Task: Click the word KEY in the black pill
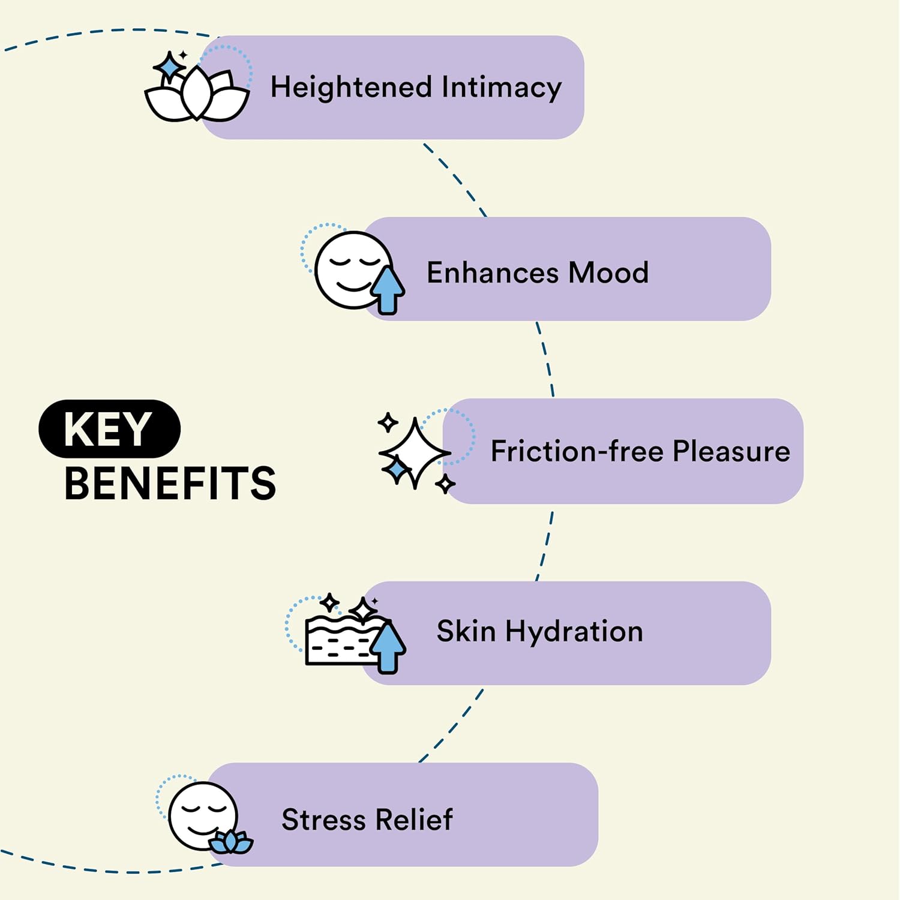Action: (x=109, y=429)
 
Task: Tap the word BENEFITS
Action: (x=170, y=484)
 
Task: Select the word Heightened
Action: (x=351, y=88)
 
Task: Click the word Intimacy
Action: (x=502, y=88)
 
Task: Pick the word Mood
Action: (x=608, y=273)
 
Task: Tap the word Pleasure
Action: (x=731, y=451)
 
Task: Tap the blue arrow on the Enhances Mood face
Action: (x=388, y=289)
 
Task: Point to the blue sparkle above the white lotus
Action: (x=170, y=66)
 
